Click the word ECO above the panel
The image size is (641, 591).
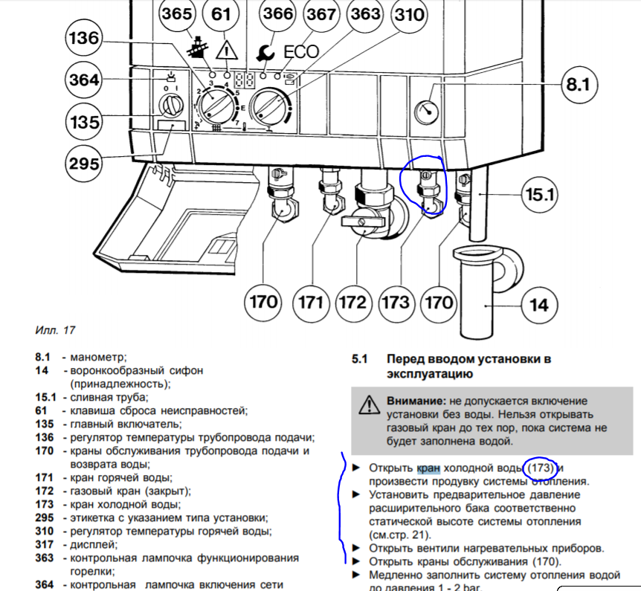point(301,52)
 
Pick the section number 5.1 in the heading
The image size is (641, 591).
point(360,359)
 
